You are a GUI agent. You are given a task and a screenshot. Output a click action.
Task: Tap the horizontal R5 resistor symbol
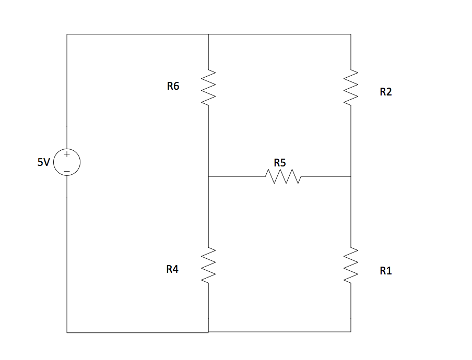coord(284,177)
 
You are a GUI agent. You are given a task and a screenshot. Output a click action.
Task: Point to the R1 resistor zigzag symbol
coord(351,266)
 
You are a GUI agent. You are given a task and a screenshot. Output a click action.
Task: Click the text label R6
coord(173,87)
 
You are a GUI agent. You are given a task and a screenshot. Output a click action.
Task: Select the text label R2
coord(386,92)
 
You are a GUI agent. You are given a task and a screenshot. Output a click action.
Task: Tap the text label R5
coord(280,163)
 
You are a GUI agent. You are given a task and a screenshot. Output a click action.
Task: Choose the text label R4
coord(172,269)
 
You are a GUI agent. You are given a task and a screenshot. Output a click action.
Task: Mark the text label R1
coord(386,271)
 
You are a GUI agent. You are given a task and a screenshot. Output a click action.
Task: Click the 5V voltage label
coord(43,162)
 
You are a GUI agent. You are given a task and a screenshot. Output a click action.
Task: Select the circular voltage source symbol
coord(67,162)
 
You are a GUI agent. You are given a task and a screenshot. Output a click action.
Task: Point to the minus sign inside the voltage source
coord(67,171)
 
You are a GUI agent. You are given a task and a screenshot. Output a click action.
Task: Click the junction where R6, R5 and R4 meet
coord(208,177)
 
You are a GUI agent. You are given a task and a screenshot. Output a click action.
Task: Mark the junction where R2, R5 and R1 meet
coord(351,177)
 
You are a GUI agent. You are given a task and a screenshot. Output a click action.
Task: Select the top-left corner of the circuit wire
coord(67,34)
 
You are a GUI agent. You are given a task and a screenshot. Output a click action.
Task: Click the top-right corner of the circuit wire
coord(351,34)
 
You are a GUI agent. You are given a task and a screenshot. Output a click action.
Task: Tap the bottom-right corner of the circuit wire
coord(351,331)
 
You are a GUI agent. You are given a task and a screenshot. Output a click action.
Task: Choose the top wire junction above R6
coord(208,34)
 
